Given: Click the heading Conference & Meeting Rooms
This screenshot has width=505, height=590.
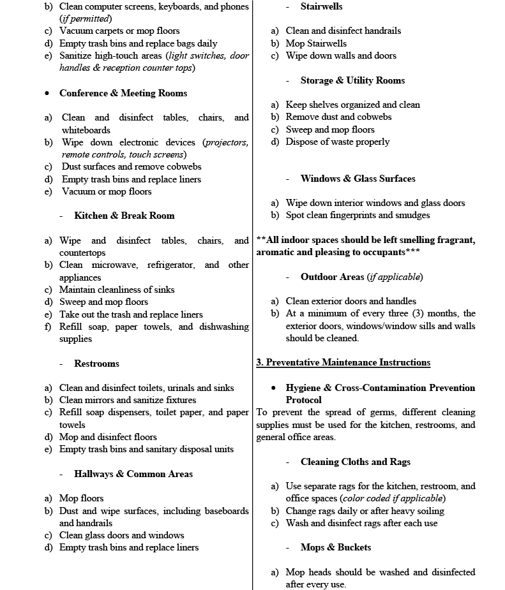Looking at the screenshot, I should click(123, 93).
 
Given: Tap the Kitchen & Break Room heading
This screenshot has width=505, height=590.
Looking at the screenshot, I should click(124, 216).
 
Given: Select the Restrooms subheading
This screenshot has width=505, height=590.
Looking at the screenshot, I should click(96, 364).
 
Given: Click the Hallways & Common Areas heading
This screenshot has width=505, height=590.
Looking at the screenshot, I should click(133, 474).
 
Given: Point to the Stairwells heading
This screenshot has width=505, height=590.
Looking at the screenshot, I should click(321, 6).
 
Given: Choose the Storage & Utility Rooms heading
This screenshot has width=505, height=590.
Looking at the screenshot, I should click(352, 80).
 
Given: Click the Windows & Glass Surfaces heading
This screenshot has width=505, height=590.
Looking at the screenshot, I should click(358, 179).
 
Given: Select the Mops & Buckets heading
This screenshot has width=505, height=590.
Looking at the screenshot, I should click(335, 547).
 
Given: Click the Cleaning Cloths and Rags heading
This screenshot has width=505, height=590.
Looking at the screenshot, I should click(355, 462).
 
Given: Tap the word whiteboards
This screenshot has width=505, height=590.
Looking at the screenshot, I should click(86, 130).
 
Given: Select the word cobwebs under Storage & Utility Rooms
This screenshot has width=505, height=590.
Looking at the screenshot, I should click(373, 117).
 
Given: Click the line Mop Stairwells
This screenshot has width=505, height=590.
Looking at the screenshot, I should click(316, 43).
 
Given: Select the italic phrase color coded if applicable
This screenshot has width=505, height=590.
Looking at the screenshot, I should click(393, 498).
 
